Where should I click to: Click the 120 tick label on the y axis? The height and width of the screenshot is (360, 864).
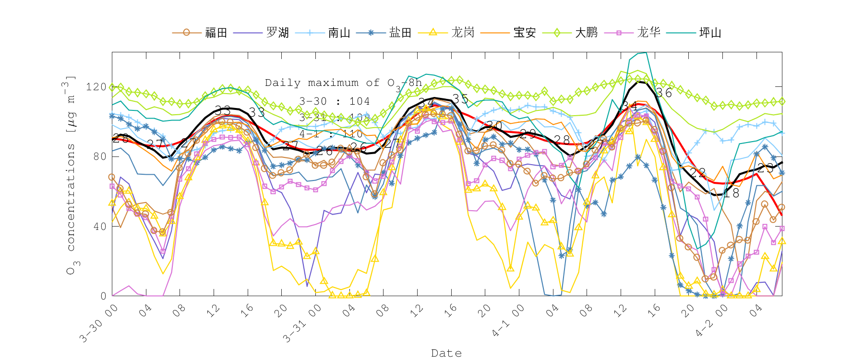(96, 87)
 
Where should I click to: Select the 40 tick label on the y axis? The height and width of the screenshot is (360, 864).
(100, 227)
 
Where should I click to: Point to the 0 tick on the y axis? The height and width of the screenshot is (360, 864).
(103, 296)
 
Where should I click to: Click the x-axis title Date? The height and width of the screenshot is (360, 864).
(446, 353)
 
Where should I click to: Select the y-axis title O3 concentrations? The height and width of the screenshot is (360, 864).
(71, 175)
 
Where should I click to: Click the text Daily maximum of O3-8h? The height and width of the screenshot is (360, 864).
(343, 84)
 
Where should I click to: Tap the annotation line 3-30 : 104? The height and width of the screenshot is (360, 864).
(335, 101)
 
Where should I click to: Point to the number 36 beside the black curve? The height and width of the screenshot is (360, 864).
(664, 93)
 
